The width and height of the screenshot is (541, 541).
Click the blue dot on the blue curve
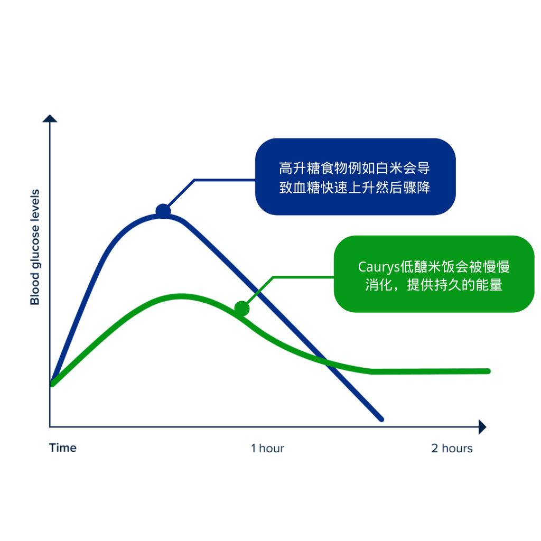point(163,211)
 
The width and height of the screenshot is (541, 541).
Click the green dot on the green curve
point(242,309)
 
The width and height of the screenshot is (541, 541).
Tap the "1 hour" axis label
point(267,448)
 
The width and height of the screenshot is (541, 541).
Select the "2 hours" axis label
point(452,448)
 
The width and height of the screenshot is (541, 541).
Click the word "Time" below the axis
point(63,448)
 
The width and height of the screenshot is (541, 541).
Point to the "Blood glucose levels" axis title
point(35,247)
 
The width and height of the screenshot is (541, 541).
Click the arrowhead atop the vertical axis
point(50,118)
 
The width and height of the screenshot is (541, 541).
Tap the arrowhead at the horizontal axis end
point(482,427)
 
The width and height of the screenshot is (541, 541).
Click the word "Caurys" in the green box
point(379,267)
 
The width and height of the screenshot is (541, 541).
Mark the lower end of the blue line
point(381,419)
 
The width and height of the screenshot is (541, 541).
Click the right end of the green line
point(488,371)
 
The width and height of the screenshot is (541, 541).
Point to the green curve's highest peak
point(181,296)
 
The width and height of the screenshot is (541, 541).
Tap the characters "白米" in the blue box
point(389,169)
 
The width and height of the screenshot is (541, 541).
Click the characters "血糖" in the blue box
point(306,188)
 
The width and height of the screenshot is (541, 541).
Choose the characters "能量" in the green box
point(489,285)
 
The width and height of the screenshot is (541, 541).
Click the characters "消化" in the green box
point(379,285)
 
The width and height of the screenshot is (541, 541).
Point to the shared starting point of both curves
point(52,384)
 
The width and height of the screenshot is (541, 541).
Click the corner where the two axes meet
point(50,427)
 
